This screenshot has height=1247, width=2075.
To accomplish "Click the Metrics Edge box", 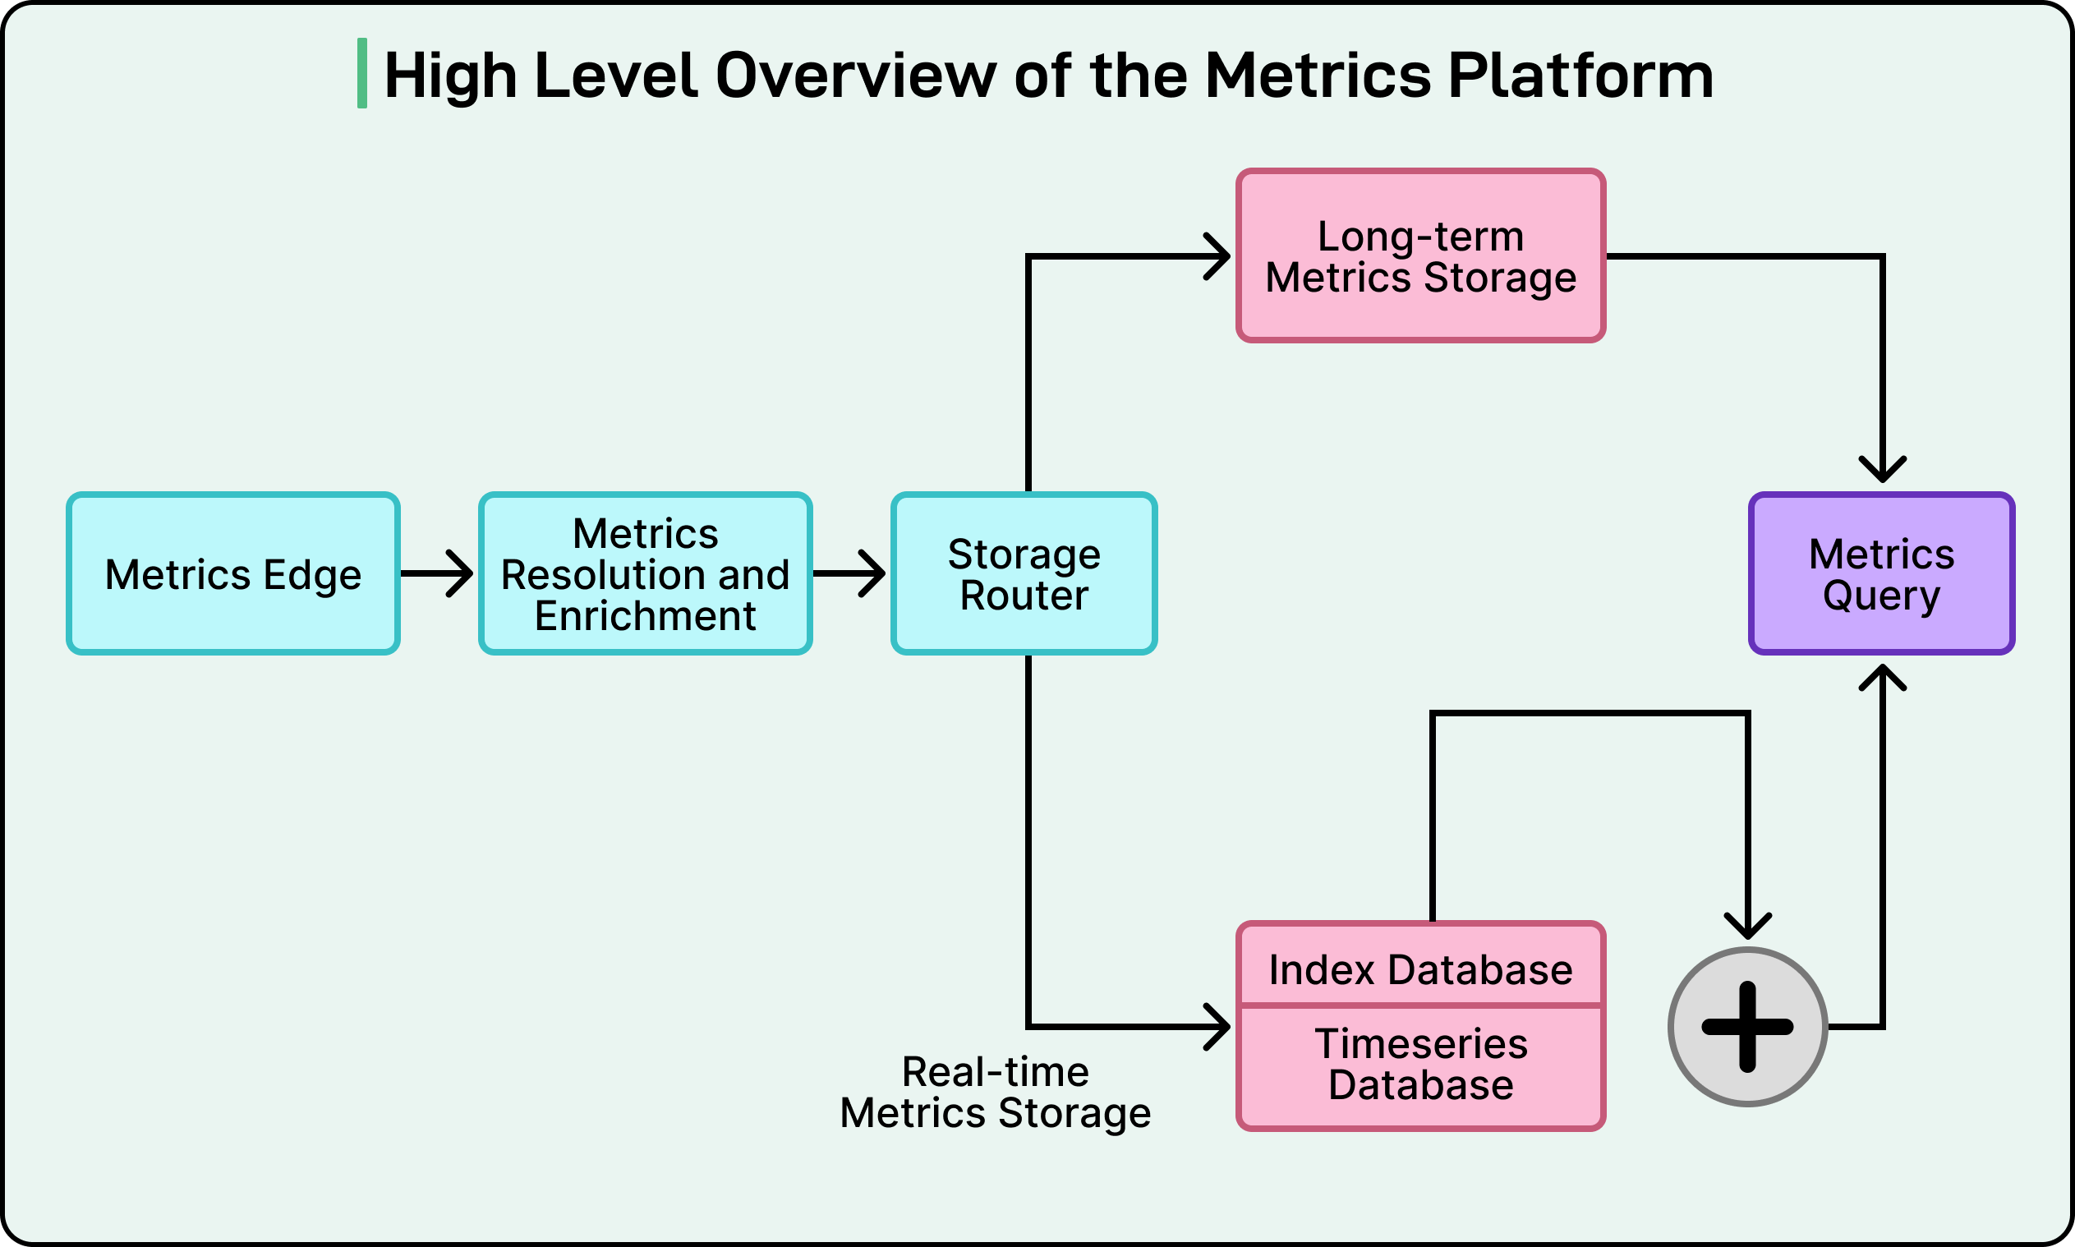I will (x=232, y=574).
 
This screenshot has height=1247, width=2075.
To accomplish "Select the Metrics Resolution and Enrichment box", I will (x=644, y=574).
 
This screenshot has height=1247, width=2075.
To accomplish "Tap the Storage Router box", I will (x=1024, y=574).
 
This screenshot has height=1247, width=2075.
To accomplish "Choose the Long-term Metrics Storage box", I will (x=1419, y=255).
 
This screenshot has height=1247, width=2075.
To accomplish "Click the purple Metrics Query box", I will (x=1881, y=574).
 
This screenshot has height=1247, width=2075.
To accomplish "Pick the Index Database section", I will (x=1419, y=969).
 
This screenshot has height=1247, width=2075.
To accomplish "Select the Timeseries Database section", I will (x=1419, y=1065).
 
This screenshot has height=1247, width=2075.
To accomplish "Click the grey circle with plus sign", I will (x=1747, y=1026).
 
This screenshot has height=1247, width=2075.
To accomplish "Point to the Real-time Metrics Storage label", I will (x=995, y=1092).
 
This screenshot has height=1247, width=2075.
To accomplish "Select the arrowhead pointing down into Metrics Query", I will (x=1882, y=471).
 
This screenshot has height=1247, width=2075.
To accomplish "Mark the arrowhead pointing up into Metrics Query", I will (x=1882, y=676).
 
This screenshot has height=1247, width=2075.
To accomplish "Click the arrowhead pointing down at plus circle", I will (x=1747, y=927).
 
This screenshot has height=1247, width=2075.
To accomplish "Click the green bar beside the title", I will (x=362, y=73).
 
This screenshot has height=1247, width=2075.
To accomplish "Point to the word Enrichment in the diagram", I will (x=644, y=616).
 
